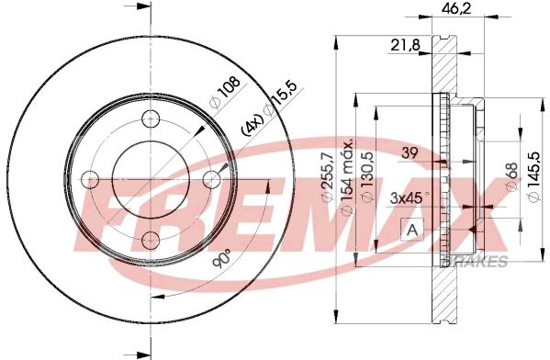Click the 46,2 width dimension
tap(456, 7)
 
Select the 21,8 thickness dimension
tap(405, 45)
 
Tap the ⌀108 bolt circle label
tap(225, 92)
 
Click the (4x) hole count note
tap(252, 125)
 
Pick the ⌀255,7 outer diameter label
tap(327, 178)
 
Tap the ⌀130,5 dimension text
tap(367, 177)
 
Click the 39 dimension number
tap(410, 153)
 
